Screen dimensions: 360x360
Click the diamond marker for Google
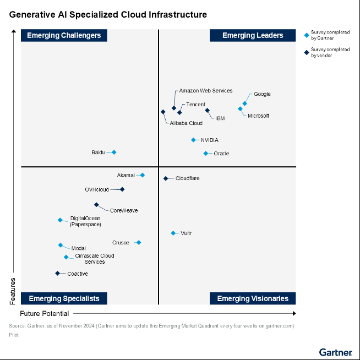click(x=244, y=103)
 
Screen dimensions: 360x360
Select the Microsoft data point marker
click(x=240, y=109)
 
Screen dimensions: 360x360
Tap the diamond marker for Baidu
click(x=114, y=152)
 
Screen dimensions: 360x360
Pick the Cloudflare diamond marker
click(x=165, y=178)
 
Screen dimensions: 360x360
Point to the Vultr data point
click(x=173, y=233)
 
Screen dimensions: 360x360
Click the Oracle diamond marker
click(x=205, y=154)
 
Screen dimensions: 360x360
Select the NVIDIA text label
click(x=209, y=140)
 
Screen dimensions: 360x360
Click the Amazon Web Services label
click(x=205, y=91)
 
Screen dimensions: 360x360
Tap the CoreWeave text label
click(x=123, y=210)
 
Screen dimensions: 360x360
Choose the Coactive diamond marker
click(x=57, y=274)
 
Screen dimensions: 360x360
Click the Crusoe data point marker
click(x=138, y=243)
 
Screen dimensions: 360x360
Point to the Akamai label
click(x=126, y=176)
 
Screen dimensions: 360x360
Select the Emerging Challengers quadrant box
click(x=64, y=35)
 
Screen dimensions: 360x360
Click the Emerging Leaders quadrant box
click(x=253, y=35)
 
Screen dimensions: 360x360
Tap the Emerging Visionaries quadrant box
click(x=253, y=298)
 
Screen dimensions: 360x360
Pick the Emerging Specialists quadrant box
click(x=64, y=298)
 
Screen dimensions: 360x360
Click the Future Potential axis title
click(x=44, y=314)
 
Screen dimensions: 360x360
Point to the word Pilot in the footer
click(x=14, y=335)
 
